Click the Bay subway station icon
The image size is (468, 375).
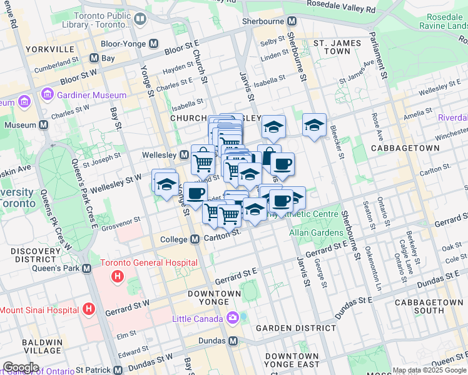[x=94, y=58]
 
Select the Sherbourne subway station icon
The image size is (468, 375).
[x=295, y=21]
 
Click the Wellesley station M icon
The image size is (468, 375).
[x=185, y=154]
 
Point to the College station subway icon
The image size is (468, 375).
[x=195, y=239]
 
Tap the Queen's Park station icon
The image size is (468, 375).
[x=86, y=268]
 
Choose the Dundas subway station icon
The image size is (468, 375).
[x=233, y=341]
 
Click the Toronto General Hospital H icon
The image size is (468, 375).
[x=116, y=276]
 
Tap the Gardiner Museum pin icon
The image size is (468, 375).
[x=47, y=95]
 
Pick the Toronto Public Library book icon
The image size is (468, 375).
[x=140, y=19]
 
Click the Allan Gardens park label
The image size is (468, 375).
[x=316, y=232]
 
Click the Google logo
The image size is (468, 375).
[x=21, y=367]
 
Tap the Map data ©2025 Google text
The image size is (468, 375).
[x=429, y=370]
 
